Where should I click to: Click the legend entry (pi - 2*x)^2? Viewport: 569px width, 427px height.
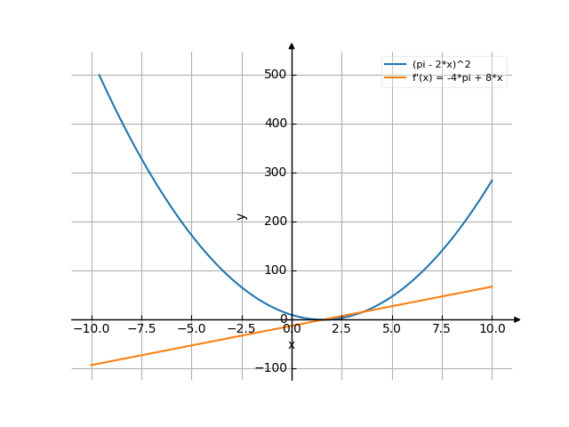[444, 65]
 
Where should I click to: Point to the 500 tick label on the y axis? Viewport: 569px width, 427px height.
[275, 75]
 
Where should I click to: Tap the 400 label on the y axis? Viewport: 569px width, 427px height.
[275, 124]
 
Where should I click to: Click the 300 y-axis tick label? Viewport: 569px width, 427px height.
[275, 173]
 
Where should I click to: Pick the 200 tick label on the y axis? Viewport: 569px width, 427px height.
[275, 222]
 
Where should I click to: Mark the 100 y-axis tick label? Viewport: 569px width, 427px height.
[275, 270]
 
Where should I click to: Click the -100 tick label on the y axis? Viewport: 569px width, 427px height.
[272, 368]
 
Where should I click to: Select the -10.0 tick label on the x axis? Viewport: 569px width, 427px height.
[91, 329]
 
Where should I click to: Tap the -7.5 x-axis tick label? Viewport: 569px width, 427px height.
[141, 329]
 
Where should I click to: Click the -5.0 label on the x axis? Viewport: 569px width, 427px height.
[191, 329]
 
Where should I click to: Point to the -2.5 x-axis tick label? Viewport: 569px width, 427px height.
[241, 329]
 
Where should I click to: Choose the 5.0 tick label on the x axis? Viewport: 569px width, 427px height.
[391, 329]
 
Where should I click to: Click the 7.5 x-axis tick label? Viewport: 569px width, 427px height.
[442, 329]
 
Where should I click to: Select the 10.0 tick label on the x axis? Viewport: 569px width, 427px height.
[492, 329]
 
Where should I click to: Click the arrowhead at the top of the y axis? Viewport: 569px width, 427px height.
[292, 44]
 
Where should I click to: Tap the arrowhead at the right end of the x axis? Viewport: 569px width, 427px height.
[517, 319]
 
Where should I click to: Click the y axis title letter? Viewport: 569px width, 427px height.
[241, 216]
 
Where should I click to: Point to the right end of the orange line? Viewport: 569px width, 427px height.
[492, 286]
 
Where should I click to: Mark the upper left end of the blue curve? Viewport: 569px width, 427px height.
[99, 76]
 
